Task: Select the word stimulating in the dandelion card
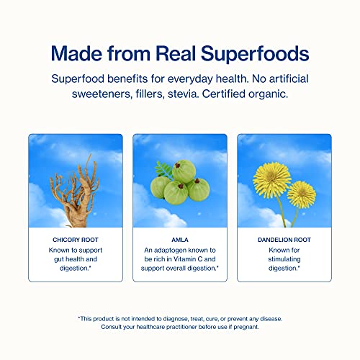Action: coord(284,257)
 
